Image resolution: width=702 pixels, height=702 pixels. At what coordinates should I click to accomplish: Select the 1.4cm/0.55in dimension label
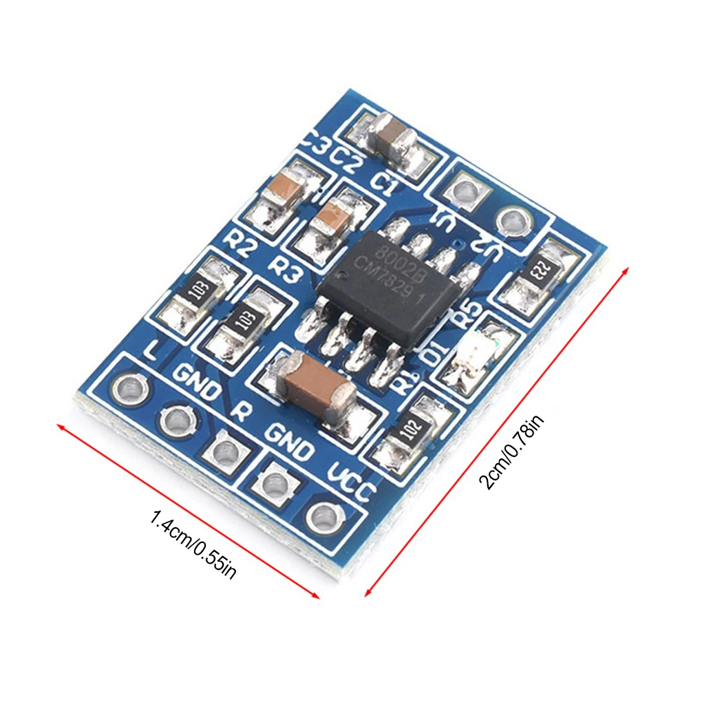193,543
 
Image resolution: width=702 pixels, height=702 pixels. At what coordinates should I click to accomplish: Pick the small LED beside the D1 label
472,358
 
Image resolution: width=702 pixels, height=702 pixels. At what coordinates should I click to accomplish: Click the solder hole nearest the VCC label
321,515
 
